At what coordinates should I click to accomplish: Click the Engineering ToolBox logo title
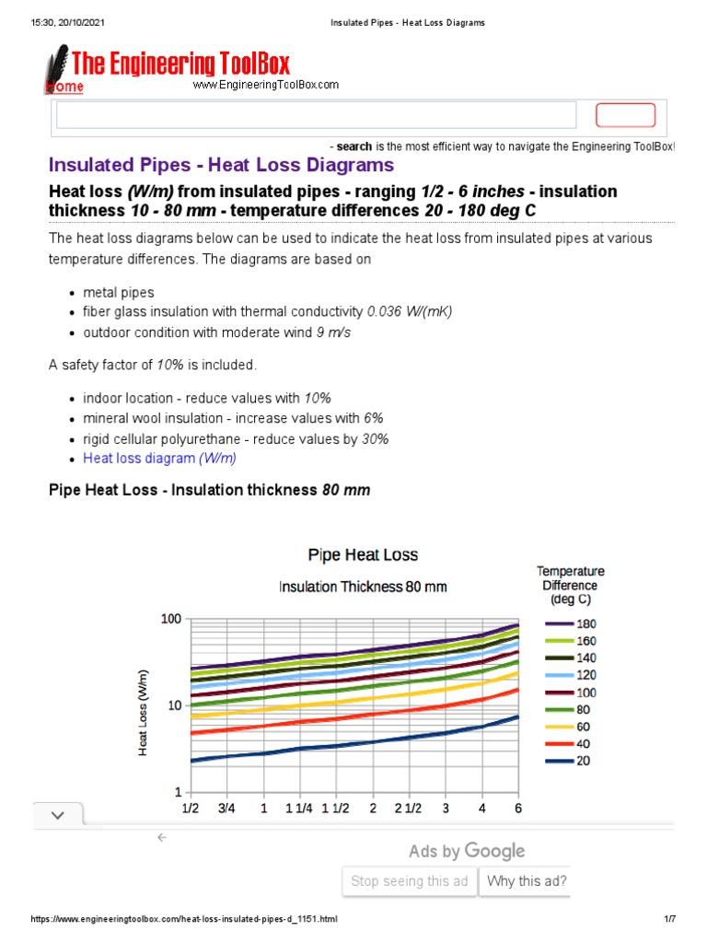(180, 64)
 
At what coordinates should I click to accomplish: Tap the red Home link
(64, 87)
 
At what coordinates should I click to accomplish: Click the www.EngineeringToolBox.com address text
(265, 85)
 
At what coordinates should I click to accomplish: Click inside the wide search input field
(316, 115)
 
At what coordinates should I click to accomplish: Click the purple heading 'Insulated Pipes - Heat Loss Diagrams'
(221, 165)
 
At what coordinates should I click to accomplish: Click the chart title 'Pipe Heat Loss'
(362, 554)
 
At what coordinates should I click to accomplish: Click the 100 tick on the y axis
(170, 619)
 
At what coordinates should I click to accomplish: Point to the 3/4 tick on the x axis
(226, 809)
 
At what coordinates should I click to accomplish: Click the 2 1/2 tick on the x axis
(408, 809)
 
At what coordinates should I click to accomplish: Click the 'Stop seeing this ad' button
(410, 881)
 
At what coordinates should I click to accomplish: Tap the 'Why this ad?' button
(527, 881)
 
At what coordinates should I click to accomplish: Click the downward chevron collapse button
(58, 815)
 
